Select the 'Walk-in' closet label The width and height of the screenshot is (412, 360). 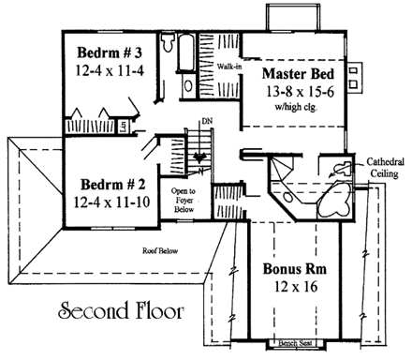228,68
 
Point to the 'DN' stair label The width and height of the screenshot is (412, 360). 206,122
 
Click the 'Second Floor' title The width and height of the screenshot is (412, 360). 120,308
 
